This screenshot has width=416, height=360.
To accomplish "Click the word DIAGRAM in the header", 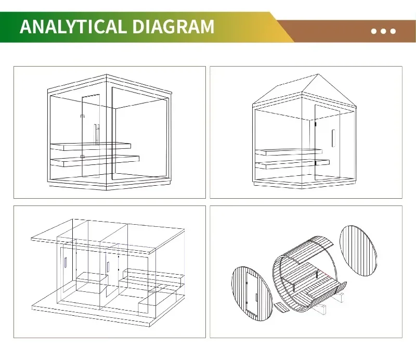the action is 173,27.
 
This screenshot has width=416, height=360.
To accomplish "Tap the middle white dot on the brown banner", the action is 383,31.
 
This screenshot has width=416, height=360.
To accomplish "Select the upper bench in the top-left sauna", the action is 90,147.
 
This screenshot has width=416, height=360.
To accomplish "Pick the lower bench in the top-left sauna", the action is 95,161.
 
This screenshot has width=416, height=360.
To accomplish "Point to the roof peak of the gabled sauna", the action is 318,74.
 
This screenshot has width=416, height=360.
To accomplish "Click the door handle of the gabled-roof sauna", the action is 333,138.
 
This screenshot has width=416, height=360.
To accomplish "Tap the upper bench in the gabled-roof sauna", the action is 289,152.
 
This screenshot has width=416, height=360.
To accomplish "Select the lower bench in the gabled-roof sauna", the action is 292,164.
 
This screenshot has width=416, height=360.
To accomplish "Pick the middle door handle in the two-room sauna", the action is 108,267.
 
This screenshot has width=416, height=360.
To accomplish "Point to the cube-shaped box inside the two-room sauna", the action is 92,282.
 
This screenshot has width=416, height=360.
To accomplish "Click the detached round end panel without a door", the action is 358,251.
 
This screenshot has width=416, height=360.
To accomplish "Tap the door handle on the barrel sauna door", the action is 256,298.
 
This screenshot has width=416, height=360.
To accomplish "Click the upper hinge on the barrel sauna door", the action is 246,283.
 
